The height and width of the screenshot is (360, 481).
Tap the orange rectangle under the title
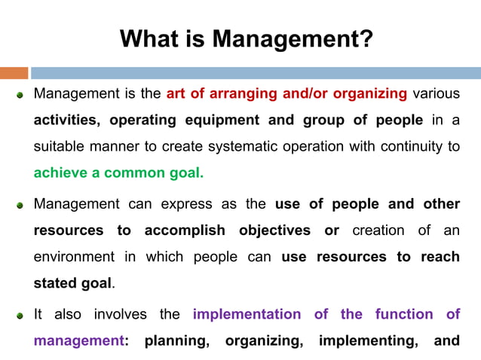(14, 73)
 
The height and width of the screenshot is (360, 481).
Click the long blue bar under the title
(255, 73)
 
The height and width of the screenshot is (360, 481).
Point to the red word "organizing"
(360, 94)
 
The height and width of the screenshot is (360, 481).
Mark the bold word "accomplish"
(186, 230)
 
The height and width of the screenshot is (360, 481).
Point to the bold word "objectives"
(275, 230)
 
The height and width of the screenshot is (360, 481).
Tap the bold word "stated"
(54, 283)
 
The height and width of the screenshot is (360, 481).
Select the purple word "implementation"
(247, 314)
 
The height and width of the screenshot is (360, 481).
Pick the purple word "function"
(408, 314)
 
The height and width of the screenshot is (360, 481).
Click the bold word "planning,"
(177, 340)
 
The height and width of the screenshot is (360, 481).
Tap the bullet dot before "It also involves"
(21, 315)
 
